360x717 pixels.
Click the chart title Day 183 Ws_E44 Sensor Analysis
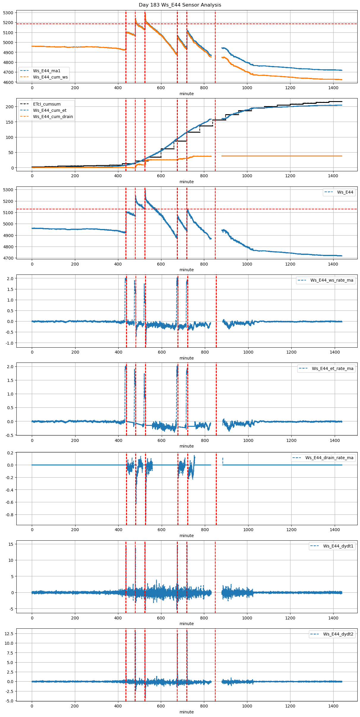[x=180, y=5]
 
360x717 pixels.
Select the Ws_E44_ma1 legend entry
[x=47, y=71]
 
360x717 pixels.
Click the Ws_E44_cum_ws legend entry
[x=50, y=77]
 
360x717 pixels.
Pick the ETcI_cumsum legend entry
[x=47, y=104]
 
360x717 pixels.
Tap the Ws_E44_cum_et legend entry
[x=50, y=110]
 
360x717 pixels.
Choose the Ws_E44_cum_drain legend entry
[x=53, y=117]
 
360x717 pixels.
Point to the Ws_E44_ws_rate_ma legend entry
[x=332, y=280]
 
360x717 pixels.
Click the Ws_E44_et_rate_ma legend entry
[x=332, y=368]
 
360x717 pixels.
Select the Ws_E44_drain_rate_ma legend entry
[x=329, y=458]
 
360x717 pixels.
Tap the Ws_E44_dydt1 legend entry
[x=338, y=546]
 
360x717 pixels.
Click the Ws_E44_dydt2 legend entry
[x=338, y=634]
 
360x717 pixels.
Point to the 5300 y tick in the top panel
[x=8, y=13]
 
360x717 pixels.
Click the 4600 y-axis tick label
[x=8, y=82]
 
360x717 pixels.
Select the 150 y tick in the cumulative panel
[x=10, y=122]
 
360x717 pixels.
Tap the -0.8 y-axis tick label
[x=9, y=515]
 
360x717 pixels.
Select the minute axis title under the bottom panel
[x=186, y=712]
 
